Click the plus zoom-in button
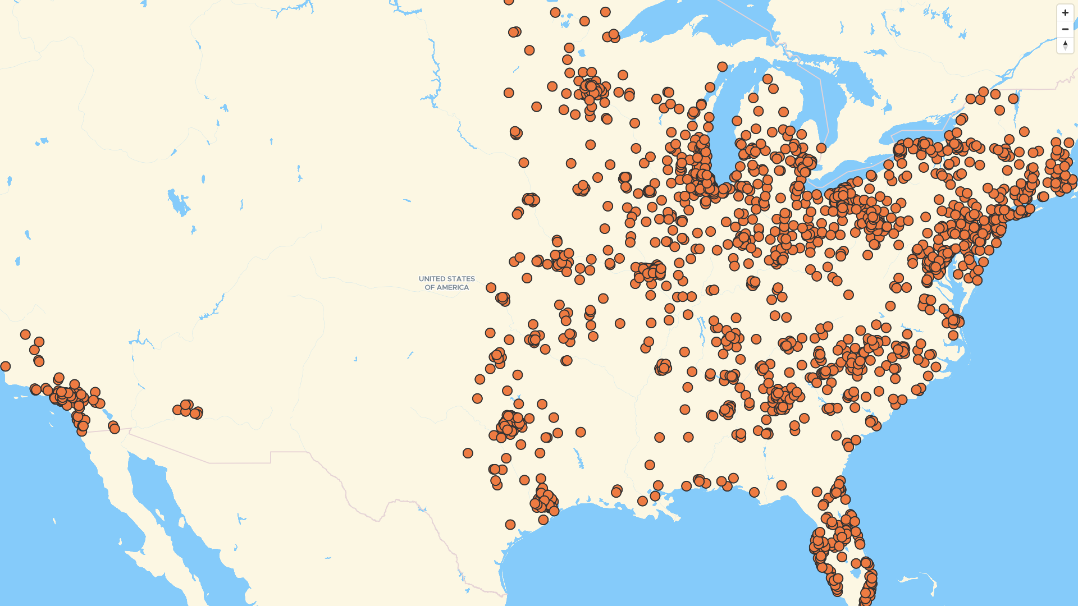[1065, 12]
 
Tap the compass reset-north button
[1065, 45]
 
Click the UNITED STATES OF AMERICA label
[446, 283]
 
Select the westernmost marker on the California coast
[5, 366]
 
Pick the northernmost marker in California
[25, 334]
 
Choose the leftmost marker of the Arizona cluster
[177, 410]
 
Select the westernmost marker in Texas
[468, 453]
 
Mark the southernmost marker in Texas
[510, 525]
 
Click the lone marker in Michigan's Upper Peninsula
[722, 67]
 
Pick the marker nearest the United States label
[491, 287]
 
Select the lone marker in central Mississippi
[650, 465]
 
